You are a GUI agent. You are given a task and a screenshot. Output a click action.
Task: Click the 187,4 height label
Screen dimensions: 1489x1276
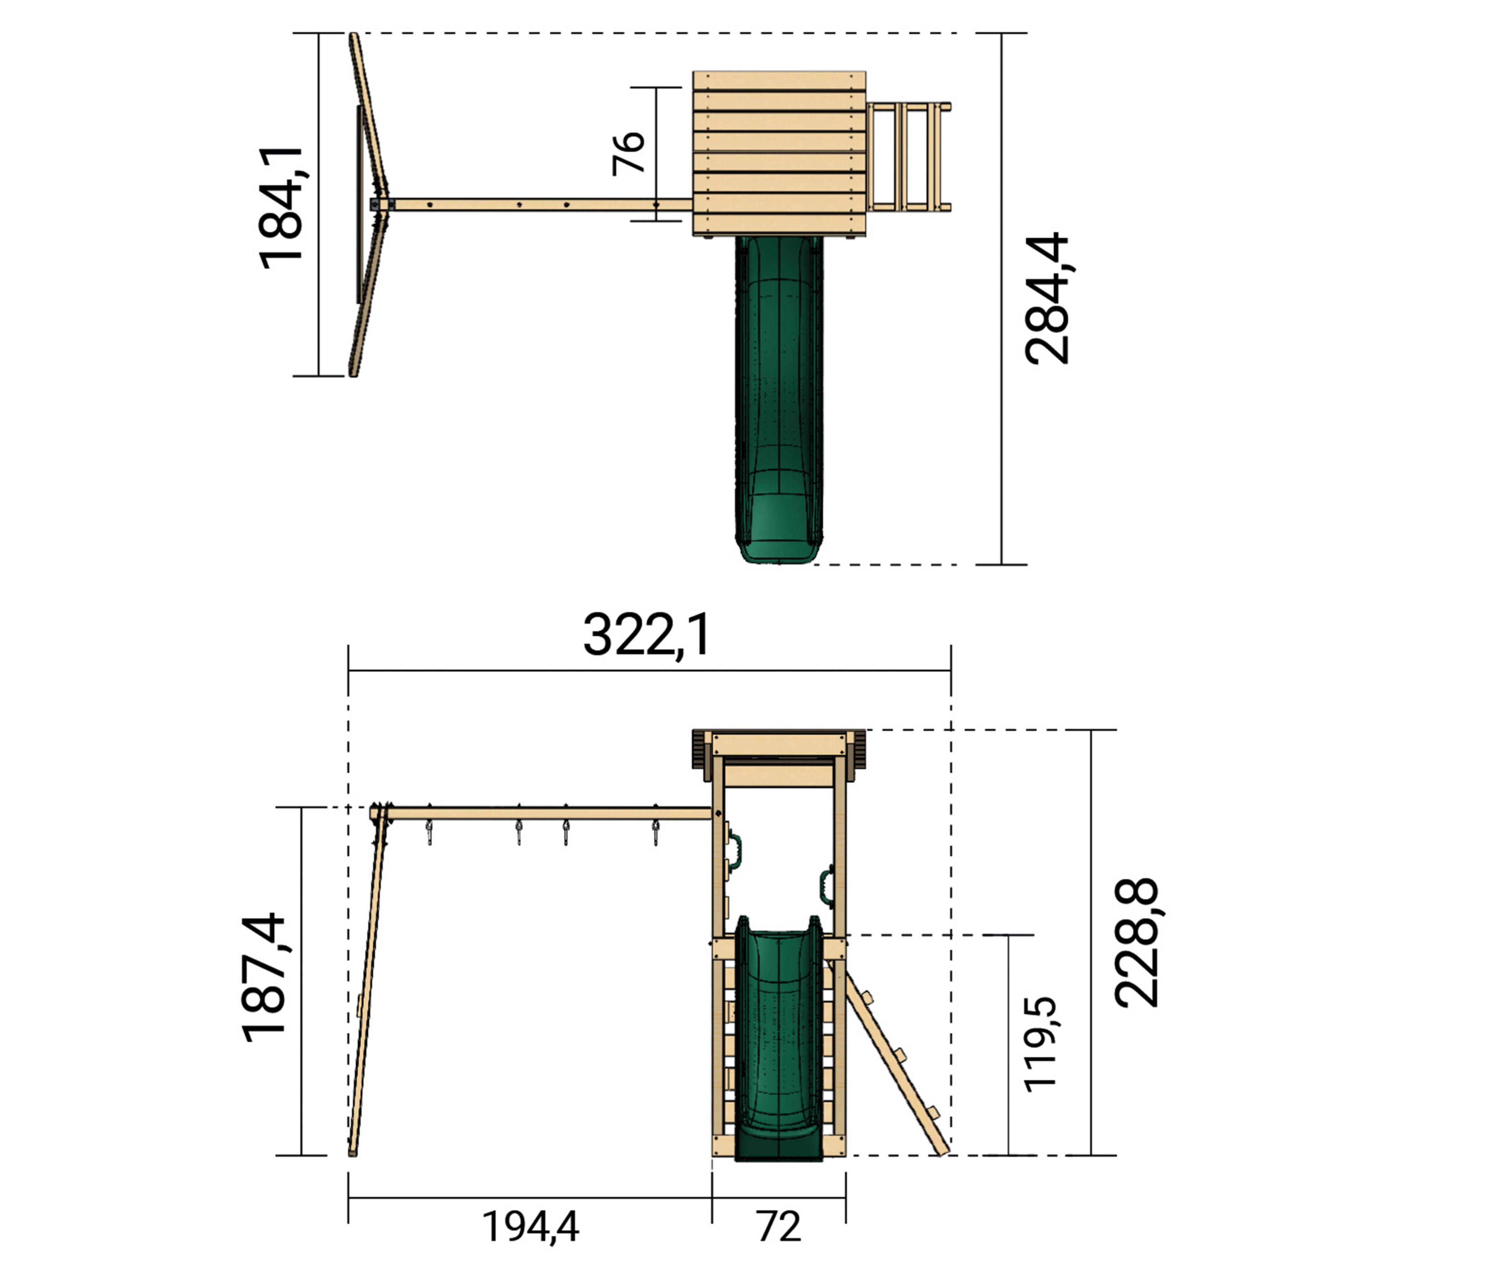pyautogui.click(x=264, y=978)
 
